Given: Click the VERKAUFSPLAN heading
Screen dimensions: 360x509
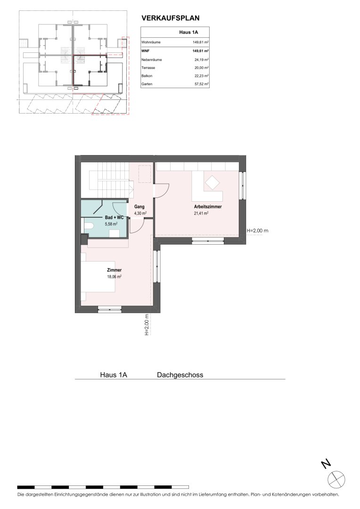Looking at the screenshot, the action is click(x=171, y=18).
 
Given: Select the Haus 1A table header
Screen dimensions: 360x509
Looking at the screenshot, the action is click(x=188, y=32).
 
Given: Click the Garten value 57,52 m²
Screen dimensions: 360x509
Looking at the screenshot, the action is click(x=201, y=84).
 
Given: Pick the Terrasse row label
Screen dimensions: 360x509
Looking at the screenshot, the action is click(x=148, y=68).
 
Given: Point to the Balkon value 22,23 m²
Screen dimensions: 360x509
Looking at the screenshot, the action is click(x=201, y=75).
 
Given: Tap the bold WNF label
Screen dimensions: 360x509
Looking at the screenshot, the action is click(x=145, y=51).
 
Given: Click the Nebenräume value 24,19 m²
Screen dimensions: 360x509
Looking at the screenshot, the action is click(x=201, y=60).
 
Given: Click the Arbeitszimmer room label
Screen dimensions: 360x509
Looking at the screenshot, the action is click(x=208, y=206).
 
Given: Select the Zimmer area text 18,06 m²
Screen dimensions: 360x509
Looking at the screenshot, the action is click(x=114, y=277).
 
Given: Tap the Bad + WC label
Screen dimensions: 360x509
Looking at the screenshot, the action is click(x=114, y=217).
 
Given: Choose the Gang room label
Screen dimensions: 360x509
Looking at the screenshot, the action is click(x=139, y=206).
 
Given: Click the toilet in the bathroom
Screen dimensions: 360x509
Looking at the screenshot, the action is click(x=89, y=226).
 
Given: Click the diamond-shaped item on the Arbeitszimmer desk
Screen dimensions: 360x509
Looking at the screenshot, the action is click(x=212, y=182).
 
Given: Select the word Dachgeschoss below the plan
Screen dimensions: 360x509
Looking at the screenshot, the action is click(x=180, y=375).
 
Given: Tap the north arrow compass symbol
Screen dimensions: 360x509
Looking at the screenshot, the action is click(x=336, y=479).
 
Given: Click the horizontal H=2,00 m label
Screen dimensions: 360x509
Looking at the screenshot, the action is click(x=257, y=231).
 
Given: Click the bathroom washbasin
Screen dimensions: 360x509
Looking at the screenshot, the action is click(x=114, y=233).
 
